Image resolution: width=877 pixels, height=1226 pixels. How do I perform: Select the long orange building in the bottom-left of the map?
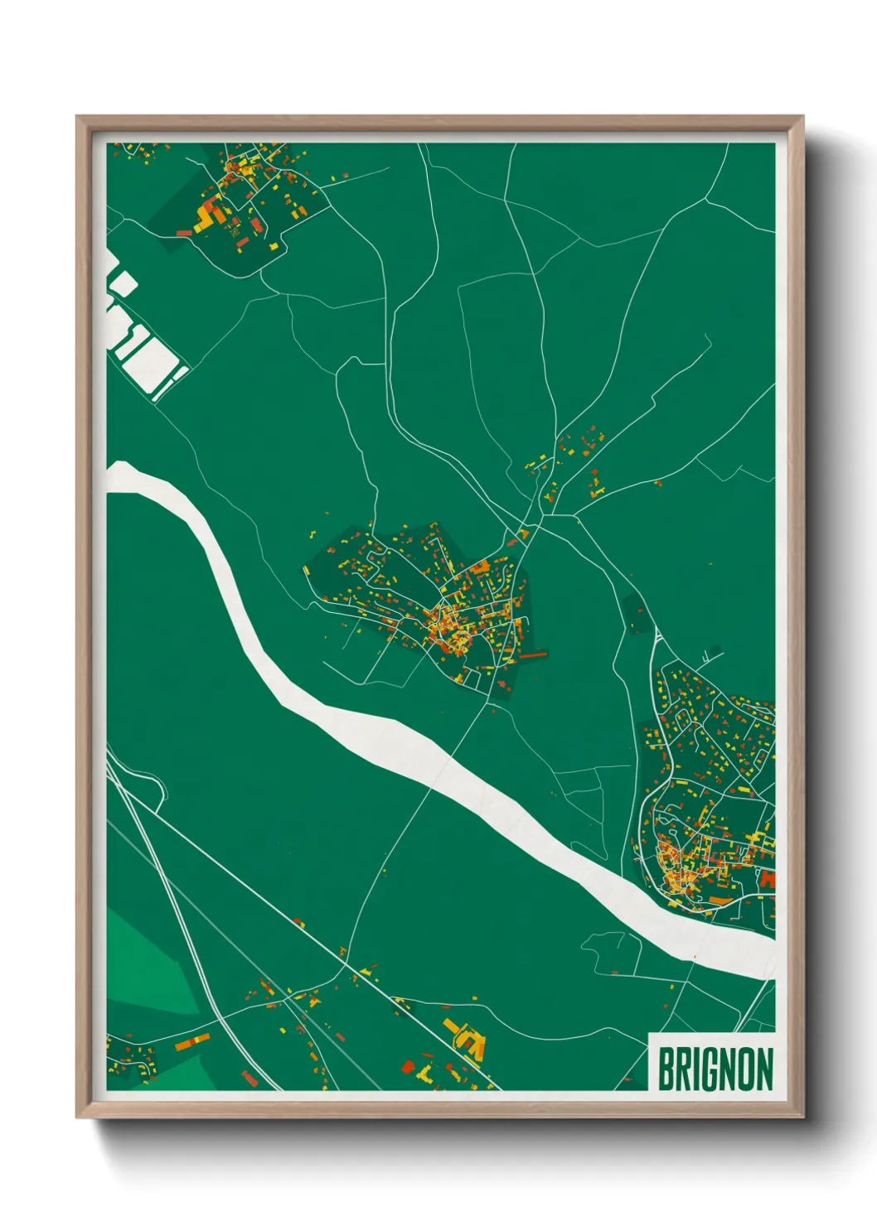(x=192, y=1041)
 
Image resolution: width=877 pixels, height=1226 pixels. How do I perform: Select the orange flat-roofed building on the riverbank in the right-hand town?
(x=721, y=899)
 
